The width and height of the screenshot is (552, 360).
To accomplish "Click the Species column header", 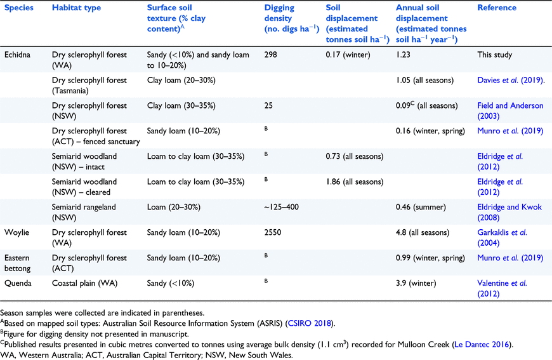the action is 18,8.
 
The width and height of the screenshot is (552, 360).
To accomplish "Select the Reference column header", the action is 497,8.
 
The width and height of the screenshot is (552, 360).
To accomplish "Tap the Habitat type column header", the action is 76,8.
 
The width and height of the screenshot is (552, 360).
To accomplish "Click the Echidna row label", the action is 17,55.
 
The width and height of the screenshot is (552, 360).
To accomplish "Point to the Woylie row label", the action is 16,232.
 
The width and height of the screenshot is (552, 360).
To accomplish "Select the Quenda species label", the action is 18,283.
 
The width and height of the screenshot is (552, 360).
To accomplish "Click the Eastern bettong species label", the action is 17,263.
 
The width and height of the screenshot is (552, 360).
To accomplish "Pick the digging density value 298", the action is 271,55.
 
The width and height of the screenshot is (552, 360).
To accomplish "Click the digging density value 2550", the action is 273,232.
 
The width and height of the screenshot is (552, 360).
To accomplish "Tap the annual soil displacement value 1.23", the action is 403,55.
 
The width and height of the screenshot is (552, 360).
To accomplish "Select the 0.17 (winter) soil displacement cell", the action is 348,55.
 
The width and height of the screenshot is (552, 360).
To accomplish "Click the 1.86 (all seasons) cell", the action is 355,182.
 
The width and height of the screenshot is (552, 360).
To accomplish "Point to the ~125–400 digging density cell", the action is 281,207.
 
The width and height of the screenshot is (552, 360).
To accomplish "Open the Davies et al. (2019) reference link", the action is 509,80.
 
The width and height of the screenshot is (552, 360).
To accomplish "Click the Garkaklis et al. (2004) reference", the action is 502,237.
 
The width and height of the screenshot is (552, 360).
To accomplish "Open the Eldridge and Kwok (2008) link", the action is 509,213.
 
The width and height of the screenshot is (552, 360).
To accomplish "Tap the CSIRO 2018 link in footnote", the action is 310,323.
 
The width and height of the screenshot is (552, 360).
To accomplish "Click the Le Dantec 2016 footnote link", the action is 482,345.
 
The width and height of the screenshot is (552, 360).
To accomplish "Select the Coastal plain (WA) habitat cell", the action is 84,283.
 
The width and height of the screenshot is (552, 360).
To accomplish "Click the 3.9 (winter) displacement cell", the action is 416,283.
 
